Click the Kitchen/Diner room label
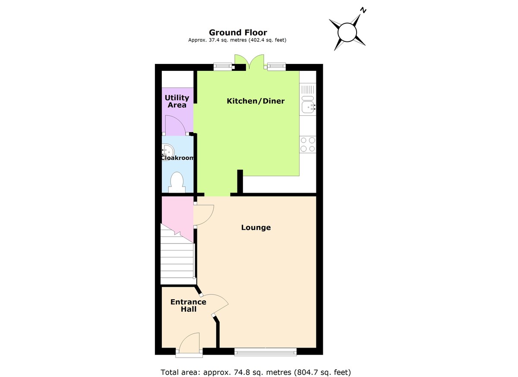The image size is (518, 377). [256, 101]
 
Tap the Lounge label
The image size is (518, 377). [256, 228]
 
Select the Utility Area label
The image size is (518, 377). [177, 101]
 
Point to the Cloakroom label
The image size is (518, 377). [177, 158]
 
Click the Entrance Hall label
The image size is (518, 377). [188, 305]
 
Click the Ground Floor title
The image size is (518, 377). [238, 32]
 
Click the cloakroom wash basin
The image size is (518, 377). [167, 151]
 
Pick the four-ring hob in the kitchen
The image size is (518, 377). [308, 144]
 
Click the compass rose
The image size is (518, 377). [347, 32]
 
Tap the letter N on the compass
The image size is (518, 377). [363, 10]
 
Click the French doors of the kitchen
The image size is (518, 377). [249, 62]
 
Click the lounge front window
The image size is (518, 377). [265, 352]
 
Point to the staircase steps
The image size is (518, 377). [177, 259]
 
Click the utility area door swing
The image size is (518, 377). [175, 125]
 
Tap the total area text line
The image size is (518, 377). [256, 372]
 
